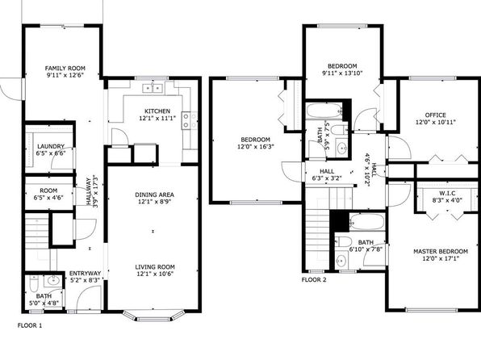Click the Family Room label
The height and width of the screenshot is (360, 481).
coord(65,68)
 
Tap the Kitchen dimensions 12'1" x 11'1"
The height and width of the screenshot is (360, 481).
coord(157,118)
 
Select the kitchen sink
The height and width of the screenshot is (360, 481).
coord(153,88)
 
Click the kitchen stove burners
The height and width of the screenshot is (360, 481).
coord(190,120)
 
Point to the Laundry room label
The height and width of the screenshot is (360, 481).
coord(51,146)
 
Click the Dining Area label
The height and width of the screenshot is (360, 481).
coord(155,195)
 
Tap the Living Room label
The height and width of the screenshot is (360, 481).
coord(155,267)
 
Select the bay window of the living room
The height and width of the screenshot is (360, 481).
coord(153,315)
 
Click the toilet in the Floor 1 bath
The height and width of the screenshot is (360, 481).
coord(33,283)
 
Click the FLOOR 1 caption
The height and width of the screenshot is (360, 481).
coord(30,325)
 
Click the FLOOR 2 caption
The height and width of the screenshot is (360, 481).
coord(314,280)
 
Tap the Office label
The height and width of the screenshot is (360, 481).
coord(435,115)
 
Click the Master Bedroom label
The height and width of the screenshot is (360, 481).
coord(441,252)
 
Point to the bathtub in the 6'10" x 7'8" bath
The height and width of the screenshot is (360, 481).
coord(367,222)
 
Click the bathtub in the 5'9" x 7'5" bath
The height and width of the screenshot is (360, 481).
coord(324,111)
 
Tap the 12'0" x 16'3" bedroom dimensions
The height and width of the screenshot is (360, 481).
coord(256,147)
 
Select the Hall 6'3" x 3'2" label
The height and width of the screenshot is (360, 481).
coord(327,174)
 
